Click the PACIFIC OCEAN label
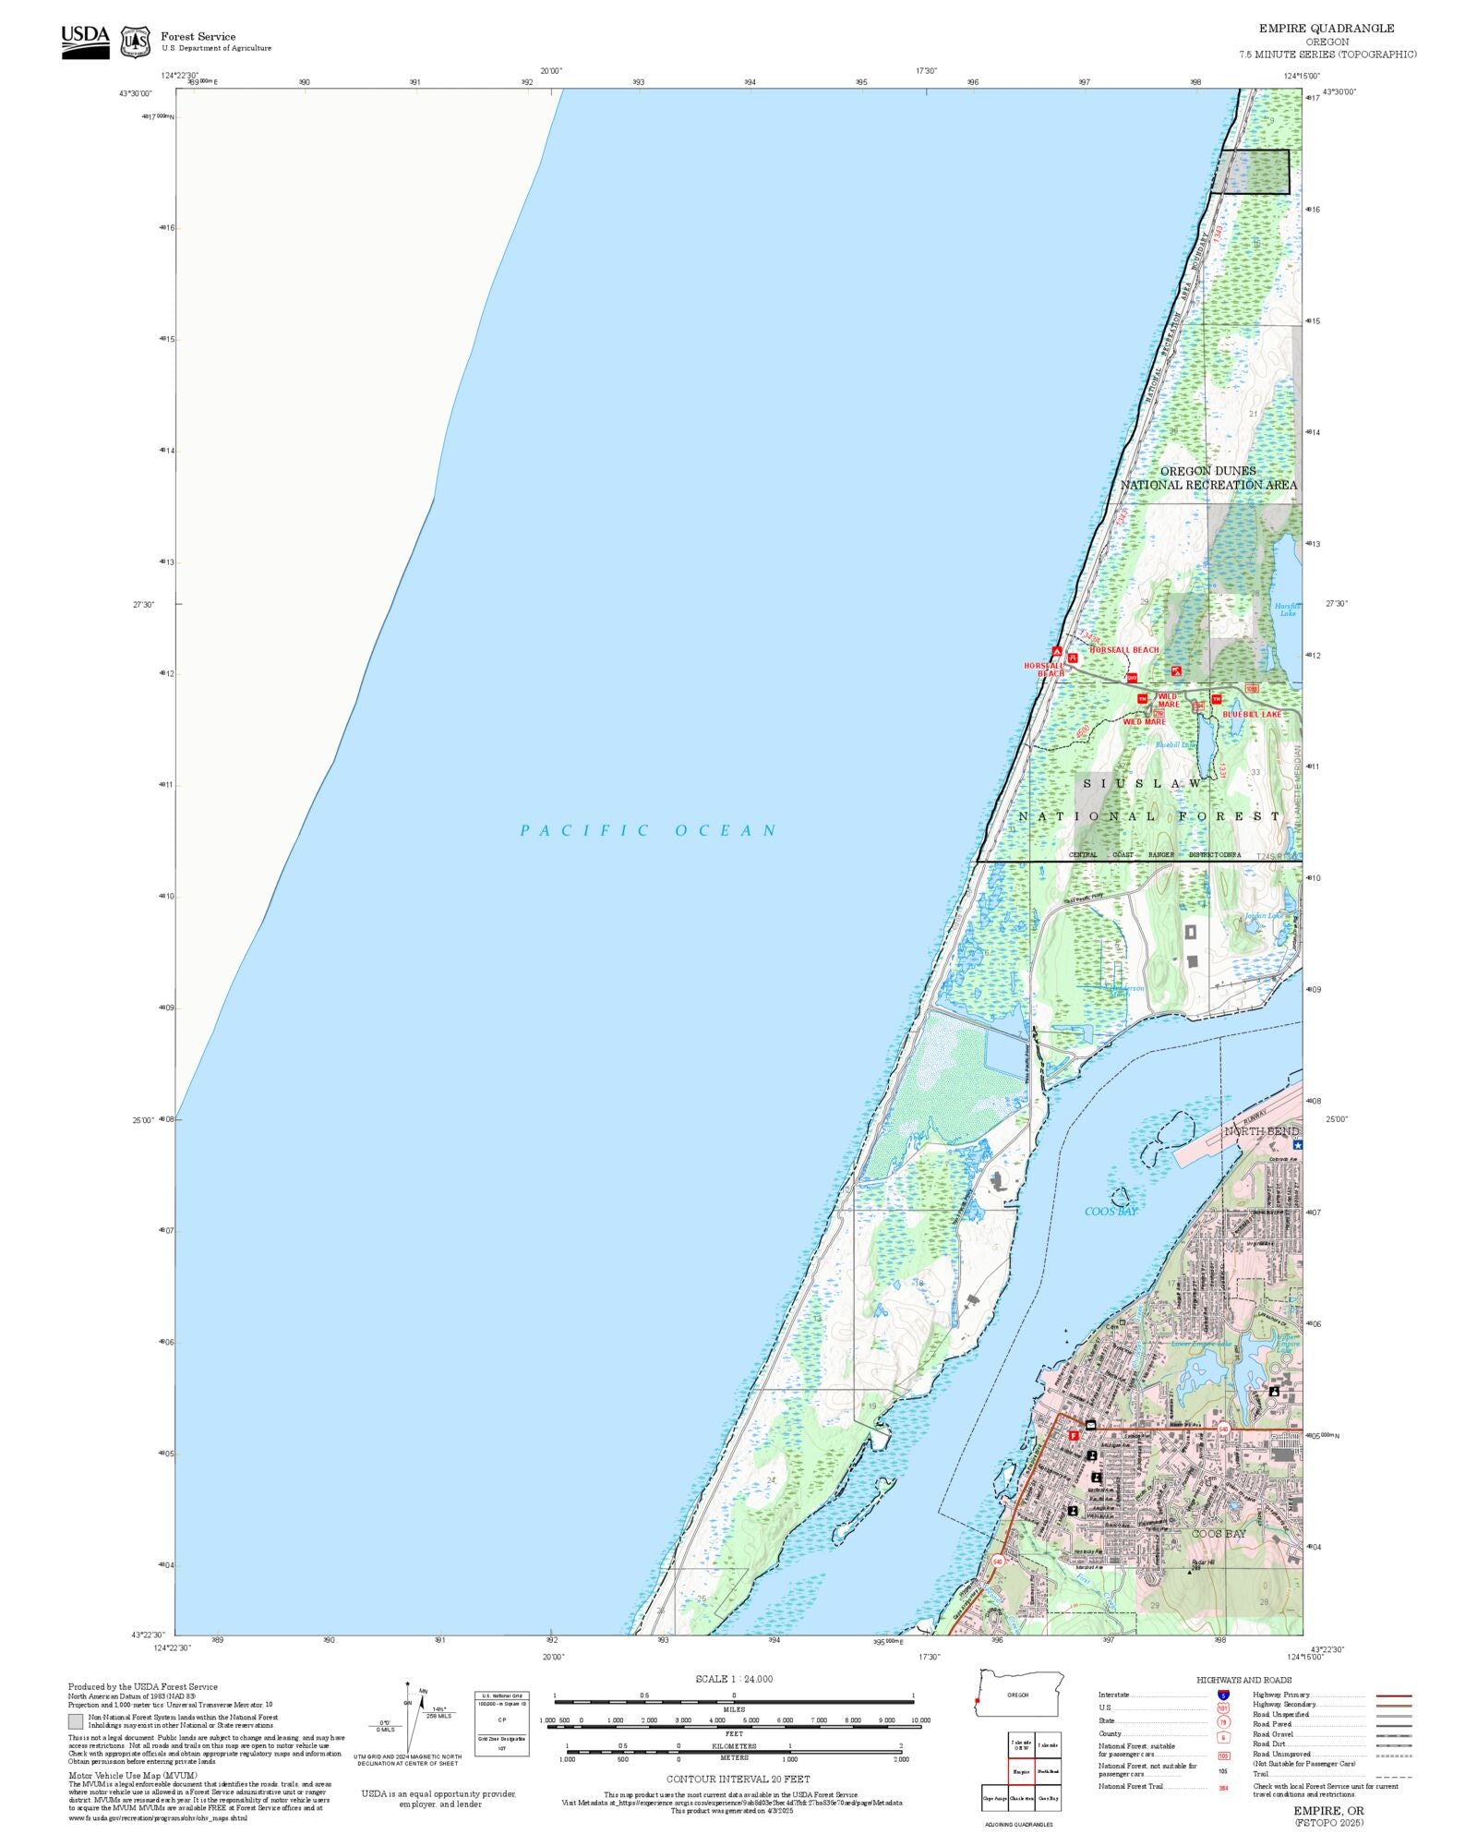649,830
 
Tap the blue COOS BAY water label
1111,1212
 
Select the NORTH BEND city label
1261,1131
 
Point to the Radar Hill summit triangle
1189,1571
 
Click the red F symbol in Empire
1074,1435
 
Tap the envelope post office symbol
1090,1425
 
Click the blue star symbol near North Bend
1297,1144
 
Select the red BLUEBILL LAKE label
1252,714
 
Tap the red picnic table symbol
1073,658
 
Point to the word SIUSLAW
1142,783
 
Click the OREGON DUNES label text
1207,471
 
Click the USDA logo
85,42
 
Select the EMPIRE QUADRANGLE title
1326,29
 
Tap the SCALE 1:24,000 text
734,1679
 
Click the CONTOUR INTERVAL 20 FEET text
738,1779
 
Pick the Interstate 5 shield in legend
1223,1695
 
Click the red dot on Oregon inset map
977,1700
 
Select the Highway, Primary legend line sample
1393,1695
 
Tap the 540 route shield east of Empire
1223,1429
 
